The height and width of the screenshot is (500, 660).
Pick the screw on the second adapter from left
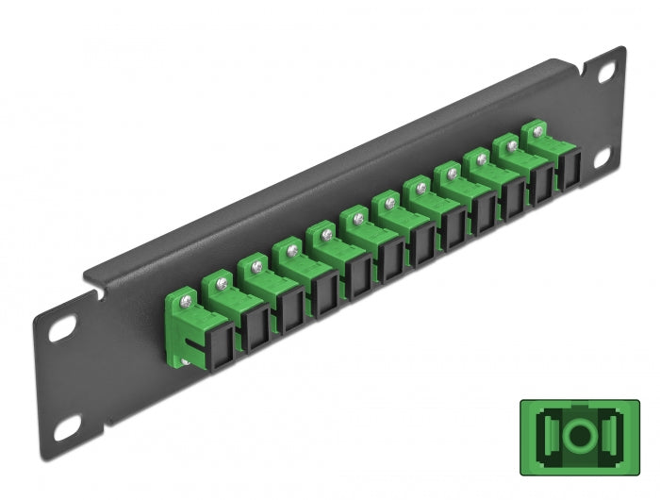[223, 280]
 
